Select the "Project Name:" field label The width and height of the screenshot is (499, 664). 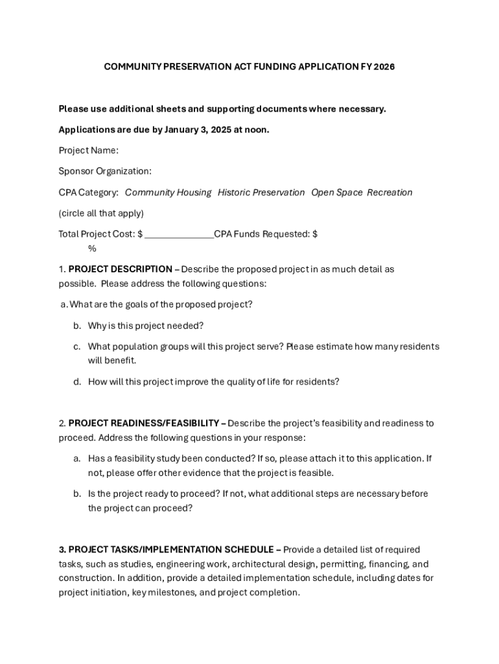pos(89,150)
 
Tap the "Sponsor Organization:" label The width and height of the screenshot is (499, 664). pos(105,171)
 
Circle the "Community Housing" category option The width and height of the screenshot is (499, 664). pos(168,193)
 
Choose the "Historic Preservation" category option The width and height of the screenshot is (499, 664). pos(261,193)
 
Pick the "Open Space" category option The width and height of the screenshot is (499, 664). pos(337,193)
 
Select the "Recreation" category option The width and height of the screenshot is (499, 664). pos(389,193)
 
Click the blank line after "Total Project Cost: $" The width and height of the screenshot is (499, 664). pos(180,235)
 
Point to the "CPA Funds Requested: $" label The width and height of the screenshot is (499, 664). pos(266,234)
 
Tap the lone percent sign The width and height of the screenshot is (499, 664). pos(92,248)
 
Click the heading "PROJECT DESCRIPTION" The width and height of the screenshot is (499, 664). pos(120,269)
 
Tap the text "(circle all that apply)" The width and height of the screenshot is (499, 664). pos(101,213)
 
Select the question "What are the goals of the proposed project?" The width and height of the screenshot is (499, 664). pos(161,305)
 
